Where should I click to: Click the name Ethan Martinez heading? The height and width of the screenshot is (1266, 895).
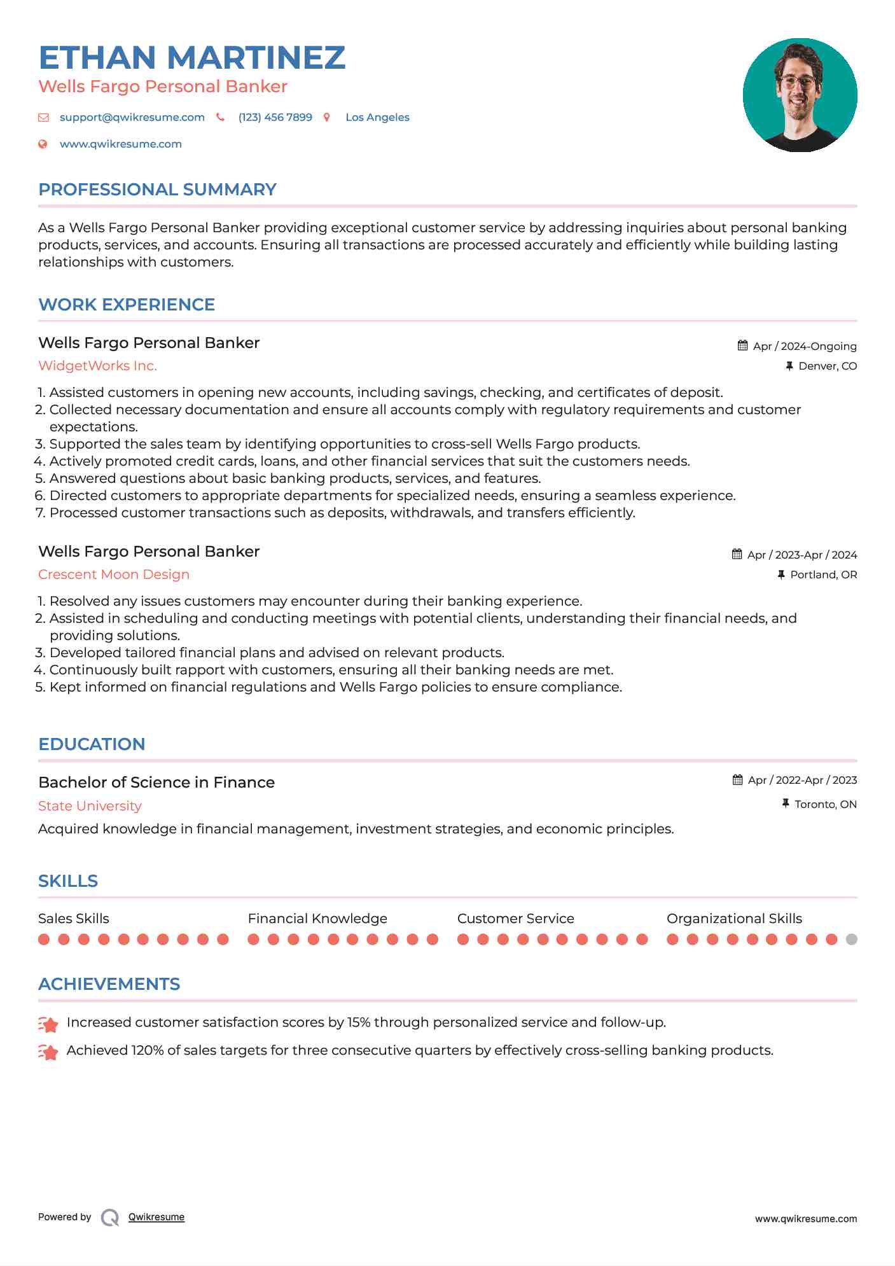point(191,57)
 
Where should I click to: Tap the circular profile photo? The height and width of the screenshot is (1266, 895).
point(800,95)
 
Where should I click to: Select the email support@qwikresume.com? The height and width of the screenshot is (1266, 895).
point(132,117)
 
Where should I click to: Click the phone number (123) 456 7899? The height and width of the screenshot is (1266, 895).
point(275,117)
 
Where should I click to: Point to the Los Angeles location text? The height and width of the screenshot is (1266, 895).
point(377,117)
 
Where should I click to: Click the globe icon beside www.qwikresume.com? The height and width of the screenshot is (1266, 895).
point(43,144)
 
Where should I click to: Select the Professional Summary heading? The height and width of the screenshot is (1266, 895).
point(157,190)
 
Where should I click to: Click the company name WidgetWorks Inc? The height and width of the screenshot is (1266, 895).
point(97,366)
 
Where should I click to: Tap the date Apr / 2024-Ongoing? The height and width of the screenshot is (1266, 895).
point(804,346)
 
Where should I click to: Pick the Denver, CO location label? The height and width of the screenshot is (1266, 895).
point(827,366)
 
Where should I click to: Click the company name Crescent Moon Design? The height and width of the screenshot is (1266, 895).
point(114,574)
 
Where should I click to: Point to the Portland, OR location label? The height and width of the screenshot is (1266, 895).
point(823,574)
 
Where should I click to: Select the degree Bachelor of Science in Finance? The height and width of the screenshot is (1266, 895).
point(156,783)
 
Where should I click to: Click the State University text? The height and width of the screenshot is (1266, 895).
point(90,806)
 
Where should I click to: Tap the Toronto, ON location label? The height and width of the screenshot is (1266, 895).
point(825,804)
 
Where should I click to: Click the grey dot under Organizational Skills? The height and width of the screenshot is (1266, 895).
point(852,939)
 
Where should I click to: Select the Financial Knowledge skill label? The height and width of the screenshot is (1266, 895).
point(317,919)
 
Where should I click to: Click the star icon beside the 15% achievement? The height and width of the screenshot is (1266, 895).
point(48,1024)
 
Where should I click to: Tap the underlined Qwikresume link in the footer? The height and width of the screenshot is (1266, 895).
point(156,1217)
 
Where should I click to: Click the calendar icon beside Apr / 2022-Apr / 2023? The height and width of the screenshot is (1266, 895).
point(737,780)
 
